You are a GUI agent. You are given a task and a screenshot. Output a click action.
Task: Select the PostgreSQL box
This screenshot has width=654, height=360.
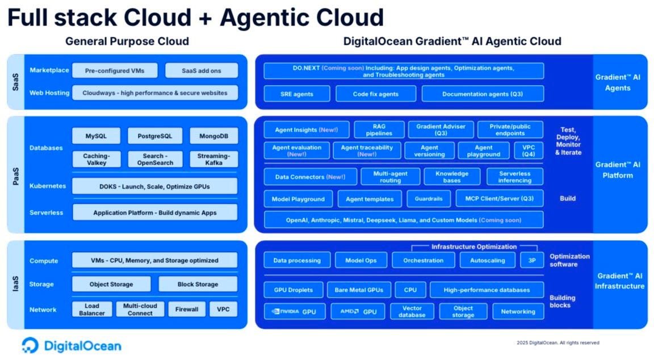(x=155, y=136)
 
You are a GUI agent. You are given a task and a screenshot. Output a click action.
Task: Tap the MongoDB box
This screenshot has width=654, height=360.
(x=213, y=136)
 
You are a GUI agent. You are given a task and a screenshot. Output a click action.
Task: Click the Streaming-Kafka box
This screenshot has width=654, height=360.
(x=213, y=160)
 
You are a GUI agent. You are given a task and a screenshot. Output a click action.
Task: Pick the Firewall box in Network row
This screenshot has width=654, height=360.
(x=187, y=309)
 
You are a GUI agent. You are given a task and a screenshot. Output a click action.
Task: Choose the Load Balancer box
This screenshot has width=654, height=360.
(x=92, y=309)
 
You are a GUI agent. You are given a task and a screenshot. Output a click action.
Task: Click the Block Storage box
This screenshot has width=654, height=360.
(x=198, y=284)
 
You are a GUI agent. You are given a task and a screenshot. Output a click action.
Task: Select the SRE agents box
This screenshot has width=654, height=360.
(x=296, y=94)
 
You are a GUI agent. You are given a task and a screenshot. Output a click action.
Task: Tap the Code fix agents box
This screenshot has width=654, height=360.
(x=375, y=94)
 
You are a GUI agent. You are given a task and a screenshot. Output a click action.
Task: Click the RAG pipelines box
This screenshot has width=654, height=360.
(x=379, y=130)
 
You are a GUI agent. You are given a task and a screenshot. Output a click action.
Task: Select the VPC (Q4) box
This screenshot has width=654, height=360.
(x=524, y=150)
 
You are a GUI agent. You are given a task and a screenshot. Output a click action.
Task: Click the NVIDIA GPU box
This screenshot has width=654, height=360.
(x=294, y=312)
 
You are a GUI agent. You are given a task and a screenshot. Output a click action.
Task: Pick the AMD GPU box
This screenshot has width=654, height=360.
(x=358, y=312)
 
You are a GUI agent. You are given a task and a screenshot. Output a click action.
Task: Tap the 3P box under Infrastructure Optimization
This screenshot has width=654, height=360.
(x=531, y=260)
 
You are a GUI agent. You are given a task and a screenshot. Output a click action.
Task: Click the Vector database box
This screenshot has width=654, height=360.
(x=412, y=312)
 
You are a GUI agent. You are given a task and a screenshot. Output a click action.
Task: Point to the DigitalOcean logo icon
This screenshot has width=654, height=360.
(x=30, y=345)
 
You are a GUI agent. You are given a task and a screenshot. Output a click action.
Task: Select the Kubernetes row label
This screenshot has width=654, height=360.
(x=48, y=186)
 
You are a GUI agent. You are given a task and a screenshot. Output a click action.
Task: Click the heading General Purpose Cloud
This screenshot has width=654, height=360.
(x=127, y=41)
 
